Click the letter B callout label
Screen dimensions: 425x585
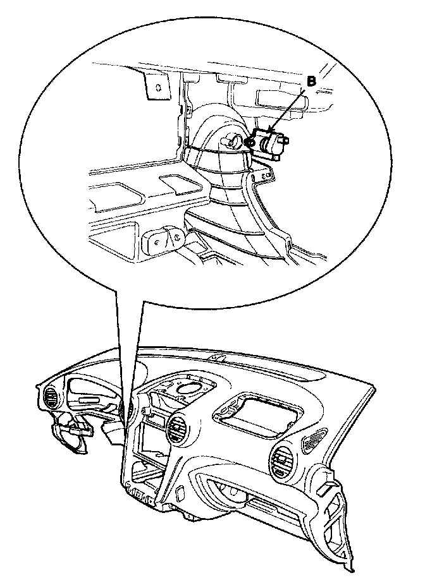[311, 81]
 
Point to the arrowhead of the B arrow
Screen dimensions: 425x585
[271, 130]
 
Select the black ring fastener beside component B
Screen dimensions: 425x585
[250, 142]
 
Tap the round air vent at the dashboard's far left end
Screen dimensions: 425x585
[51, 398]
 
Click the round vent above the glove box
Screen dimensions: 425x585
[281, 462]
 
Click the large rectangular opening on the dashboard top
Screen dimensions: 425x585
[257, 414]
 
